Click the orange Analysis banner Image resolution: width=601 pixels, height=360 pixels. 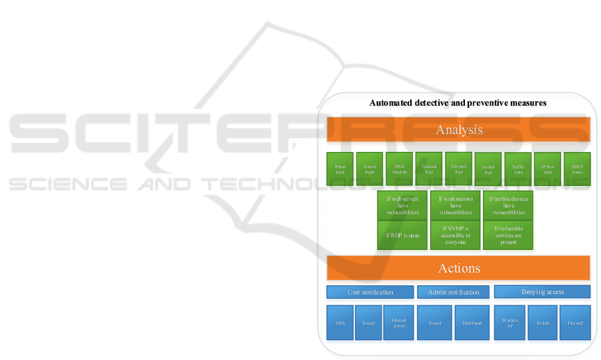point(458,129)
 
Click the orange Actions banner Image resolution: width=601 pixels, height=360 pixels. point(458,268)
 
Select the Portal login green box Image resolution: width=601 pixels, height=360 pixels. point(340,169)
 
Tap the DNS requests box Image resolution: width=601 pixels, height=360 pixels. point(399,169)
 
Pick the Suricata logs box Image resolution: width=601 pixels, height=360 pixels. point(428,169)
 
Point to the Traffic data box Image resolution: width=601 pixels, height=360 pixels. point(518,169)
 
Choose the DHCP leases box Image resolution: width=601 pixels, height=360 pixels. point(577,169)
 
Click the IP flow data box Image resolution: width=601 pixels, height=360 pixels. point(548,169)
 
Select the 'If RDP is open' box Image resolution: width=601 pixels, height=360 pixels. point(402,235)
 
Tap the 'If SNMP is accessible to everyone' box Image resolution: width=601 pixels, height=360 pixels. point(456,235)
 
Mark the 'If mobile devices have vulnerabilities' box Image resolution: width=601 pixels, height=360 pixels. point(508,205)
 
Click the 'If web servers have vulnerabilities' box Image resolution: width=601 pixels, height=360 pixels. point(402,205)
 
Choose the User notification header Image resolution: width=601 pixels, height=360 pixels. point(370,292)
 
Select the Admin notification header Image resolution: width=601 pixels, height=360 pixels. point(453,292)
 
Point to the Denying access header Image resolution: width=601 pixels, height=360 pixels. point(542,291)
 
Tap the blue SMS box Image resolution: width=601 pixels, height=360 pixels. point(340,323)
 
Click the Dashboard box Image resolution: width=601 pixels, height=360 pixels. point(472,323)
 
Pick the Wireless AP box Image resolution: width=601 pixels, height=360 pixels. point(510,323)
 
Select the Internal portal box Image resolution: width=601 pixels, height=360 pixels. point(398,323)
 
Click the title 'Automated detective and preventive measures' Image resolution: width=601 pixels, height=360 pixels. point(458,103)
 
